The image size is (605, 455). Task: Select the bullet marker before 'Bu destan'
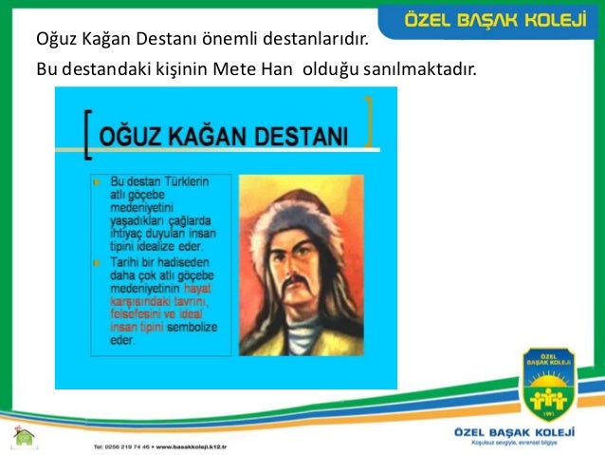pyautogui.click(x=97, y=180)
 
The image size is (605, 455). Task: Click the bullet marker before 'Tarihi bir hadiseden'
pyautogui.click(x=97, y=259)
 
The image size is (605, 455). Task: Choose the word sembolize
pyautogui.click(x=192, y=327)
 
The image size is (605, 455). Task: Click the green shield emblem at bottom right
pyautogui.click(x=547, y=387)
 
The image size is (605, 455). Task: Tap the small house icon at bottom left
pyautogui.click(x=24, y=436)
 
